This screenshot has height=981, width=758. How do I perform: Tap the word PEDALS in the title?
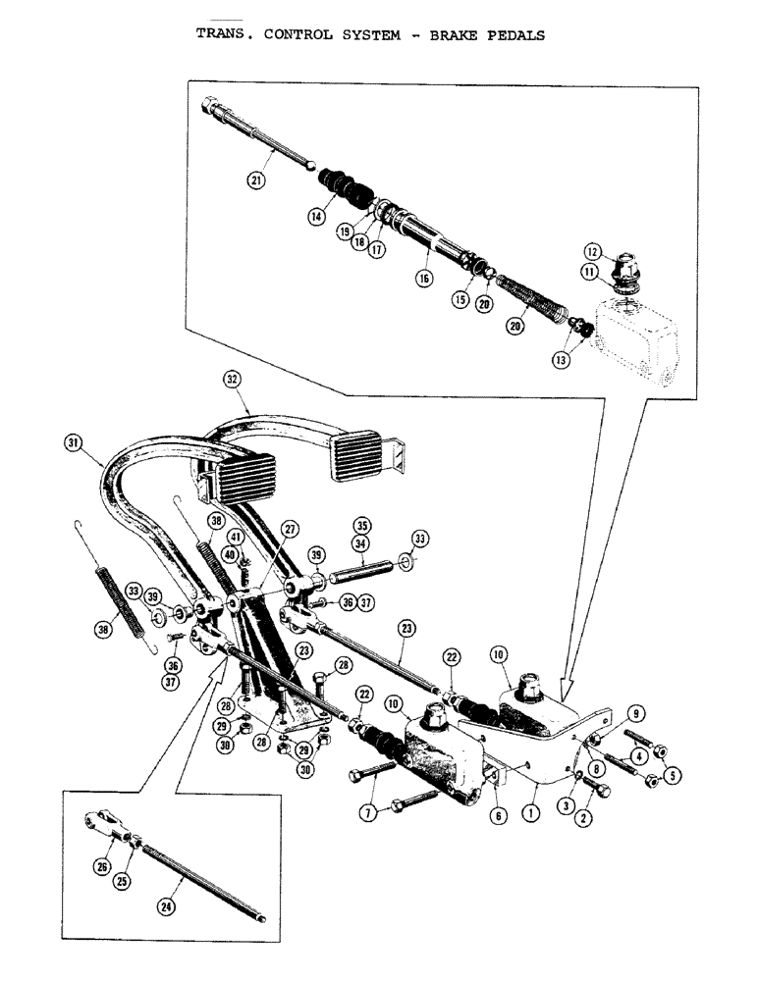coord(508,34)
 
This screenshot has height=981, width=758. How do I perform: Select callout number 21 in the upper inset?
coord(255,180)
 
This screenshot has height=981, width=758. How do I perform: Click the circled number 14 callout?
coord(317,220)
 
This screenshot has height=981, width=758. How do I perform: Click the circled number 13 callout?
coord(561,359)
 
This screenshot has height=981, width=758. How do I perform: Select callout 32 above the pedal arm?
coord(232,379)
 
